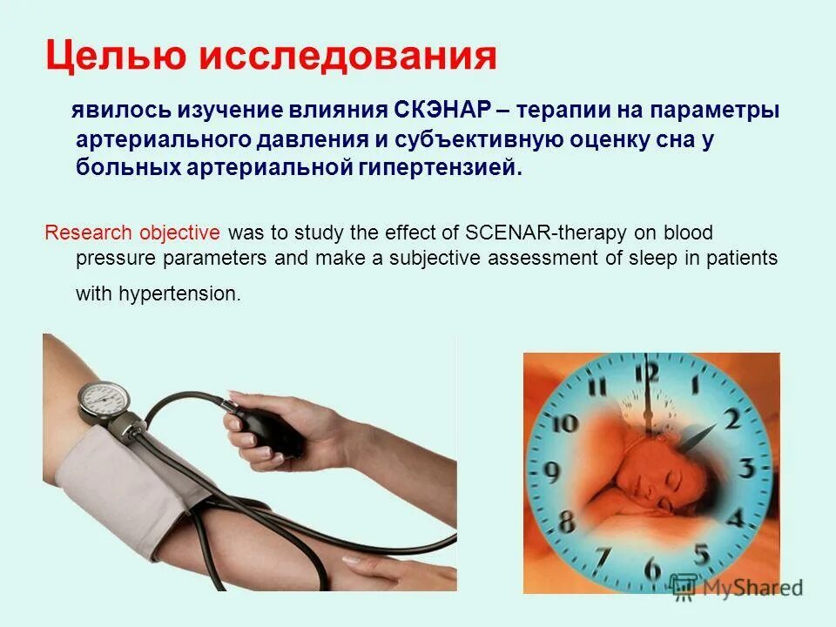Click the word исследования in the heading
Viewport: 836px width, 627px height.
pyautogui.click(x=349, y=57)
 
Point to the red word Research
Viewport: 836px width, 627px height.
pyautogui.click(x=88, y=233)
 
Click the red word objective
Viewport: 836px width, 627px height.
pyautogui.click(x=181, y=233)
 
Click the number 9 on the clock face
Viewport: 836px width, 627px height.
pyautogui.click(x=550, y=472)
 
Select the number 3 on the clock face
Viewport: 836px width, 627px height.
pyautogui.click(x=745, y=468)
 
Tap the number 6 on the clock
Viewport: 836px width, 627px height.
pyautogui.click(x=651, y=568)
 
